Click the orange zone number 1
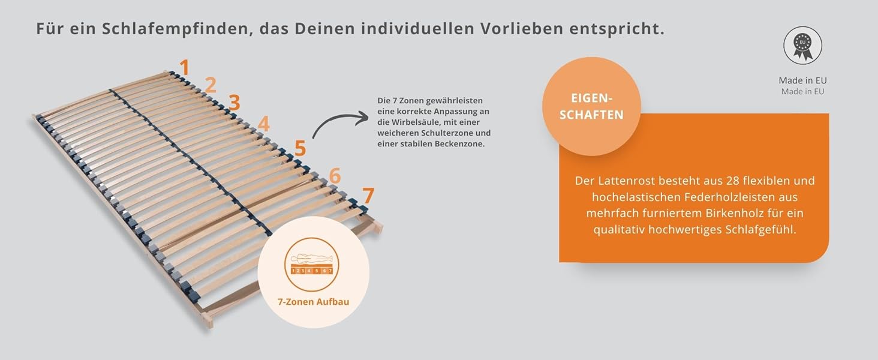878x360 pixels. [x=185, y=67]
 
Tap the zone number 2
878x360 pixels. [x=210, y=85]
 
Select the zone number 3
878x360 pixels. [x=234, y=103]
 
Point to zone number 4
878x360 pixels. [x=263, y=124]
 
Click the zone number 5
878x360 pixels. [x=300, y=148]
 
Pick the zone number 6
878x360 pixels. [x=335, y=176]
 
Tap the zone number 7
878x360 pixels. [x=368, y=196]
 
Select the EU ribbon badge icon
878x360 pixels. [x=802, y=45]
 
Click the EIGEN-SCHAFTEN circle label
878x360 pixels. [x=591, y=107]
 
